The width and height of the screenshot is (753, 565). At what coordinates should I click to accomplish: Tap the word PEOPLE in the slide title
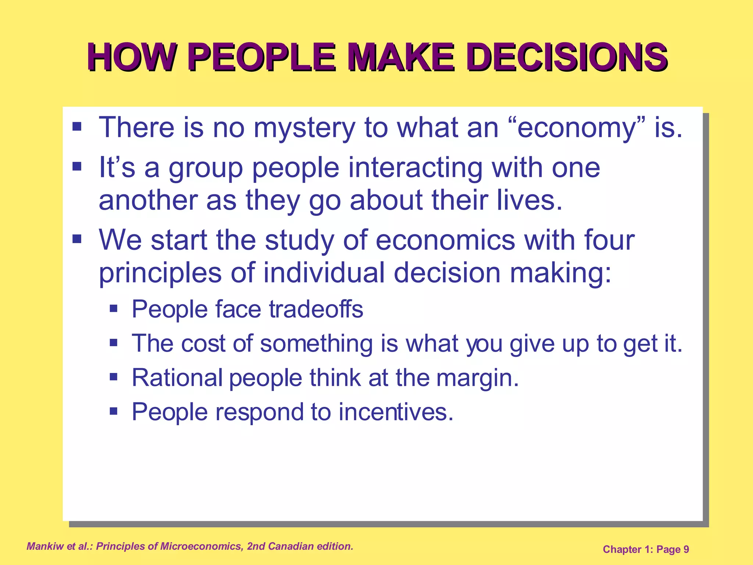click(262, 57)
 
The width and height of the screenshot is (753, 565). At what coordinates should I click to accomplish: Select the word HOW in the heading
click(131, 57)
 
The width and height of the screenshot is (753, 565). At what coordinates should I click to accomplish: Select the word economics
click(445, 240)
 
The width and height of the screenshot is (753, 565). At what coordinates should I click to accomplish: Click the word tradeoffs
click(316, 309)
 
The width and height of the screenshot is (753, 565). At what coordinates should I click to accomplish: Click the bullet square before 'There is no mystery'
click(77, 127)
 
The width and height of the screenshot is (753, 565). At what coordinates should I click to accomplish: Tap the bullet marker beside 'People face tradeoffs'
click(114, 308)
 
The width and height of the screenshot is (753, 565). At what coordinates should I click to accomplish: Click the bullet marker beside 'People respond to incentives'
click(114, 411)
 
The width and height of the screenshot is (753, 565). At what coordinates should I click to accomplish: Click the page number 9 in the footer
click(686, 550)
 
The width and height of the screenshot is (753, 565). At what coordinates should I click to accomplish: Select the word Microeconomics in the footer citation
click(202, 546)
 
